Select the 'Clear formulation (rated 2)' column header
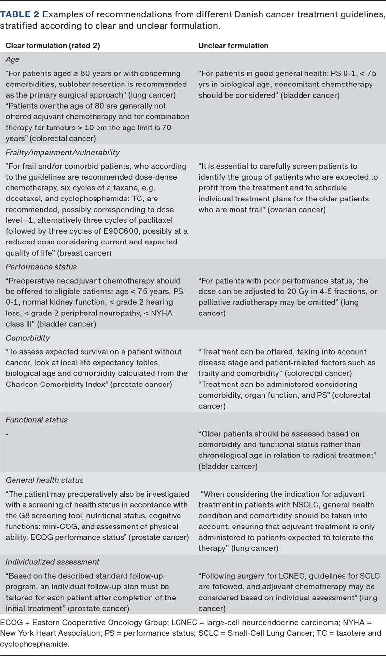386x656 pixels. point(53,45)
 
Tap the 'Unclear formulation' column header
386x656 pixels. point(234,45)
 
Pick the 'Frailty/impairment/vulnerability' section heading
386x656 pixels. point(63,152)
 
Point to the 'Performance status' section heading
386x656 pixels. point(41,267)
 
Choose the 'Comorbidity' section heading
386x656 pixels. point(28,338)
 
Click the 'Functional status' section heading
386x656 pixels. point(37,420)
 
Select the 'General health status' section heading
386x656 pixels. point(44,480)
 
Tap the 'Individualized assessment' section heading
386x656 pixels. point(53,562)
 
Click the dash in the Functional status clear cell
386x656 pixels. point(7,434)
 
